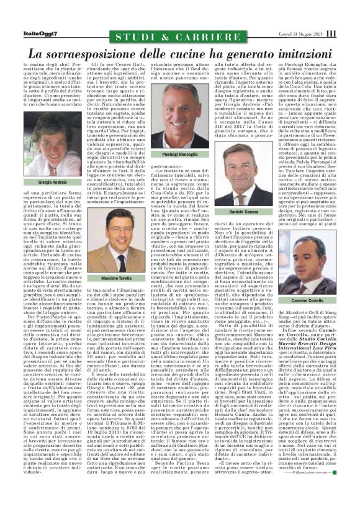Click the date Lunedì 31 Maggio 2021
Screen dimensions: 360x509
pyautogui.click(x=300, y=34)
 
